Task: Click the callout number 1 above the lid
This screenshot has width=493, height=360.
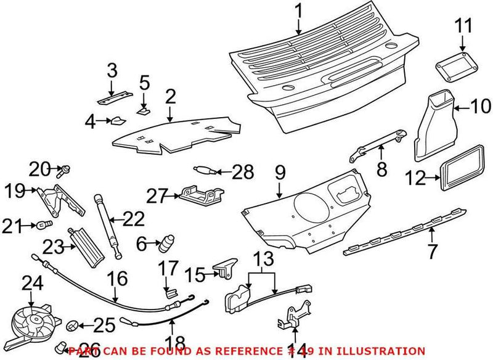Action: click(298, 10)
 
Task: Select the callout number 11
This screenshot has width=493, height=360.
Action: click(463, 26)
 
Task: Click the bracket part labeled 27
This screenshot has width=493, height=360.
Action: click(198, 195)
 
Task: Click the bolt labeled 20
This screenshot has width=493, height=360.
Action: click(63, 168)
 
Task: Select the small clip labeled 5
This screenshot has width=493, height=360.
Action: click(144, 109)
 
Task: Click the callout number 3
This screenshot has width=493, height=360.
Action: click(112, 70)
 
